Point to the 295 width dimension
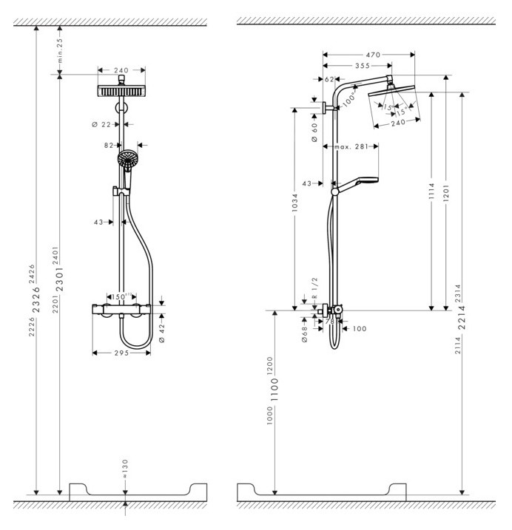click(122, 353)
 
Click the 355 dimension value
click(363, 66)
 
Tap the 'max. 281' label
click(352, 147)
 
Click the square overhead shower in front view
click(124, 90)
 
